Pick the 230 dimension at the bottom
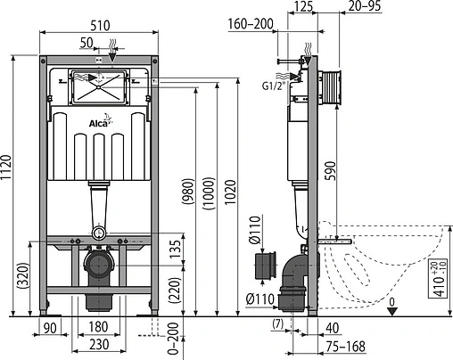(99, 344)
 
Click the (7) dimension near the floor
(279, 322)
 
